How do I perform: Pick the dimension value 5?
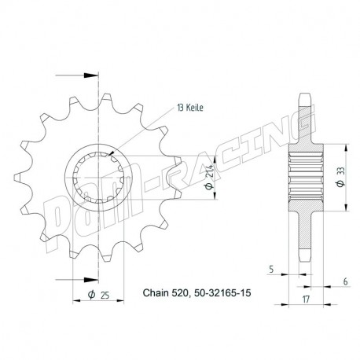(272, 268)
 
